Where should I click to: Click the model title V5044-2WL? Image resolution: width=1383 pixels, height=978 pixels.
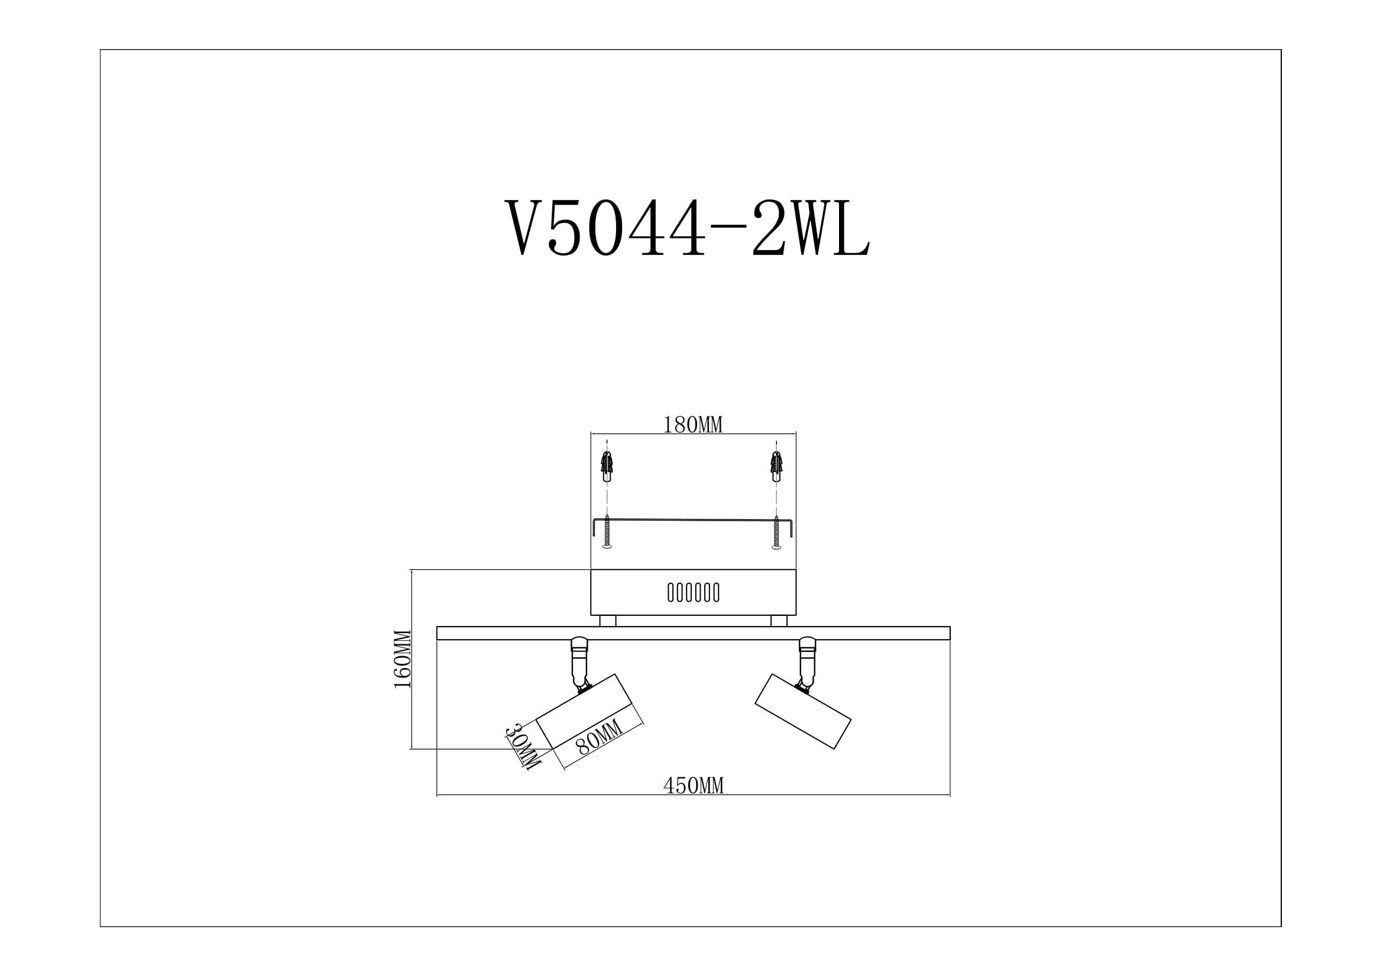[687, 229]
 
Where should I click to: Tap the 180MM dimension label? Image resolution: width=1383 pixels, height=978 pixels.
[693, 425]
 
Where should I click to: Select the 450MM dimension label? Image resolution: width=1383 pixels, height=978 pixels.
[694, 786]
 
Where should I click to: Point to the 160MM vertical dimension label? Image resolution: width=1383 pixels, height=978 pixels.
[403, 659]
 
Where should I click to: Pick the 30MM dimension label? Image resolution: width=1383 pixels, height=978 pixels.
[522, 747]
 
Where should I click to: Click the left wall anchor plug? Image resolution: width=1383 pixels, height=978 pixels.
[607, 466]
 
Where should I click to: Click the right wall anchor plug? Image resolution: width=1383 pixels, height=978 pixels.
[776, 466]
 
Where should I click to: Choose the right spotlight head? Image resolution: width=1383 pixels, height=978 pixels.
[803, 712]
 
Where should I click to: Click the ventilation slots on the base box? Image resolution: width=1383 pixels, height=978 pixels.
[694, 592]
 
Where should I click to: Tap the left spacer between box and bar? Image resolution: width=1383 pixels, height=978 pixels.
[607, 621]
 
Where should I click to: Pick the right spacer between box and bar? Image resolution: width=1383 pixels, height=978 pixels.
[779, 621]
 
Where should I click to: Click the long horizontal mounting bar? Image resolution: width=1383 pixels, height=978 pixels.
[693, 632]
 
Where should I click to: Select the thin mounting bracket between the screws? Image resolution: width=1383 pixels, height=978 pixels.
[693, 520]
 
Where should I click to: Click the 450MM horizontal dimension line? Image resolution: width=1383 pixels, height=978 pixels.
[542, 795]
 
